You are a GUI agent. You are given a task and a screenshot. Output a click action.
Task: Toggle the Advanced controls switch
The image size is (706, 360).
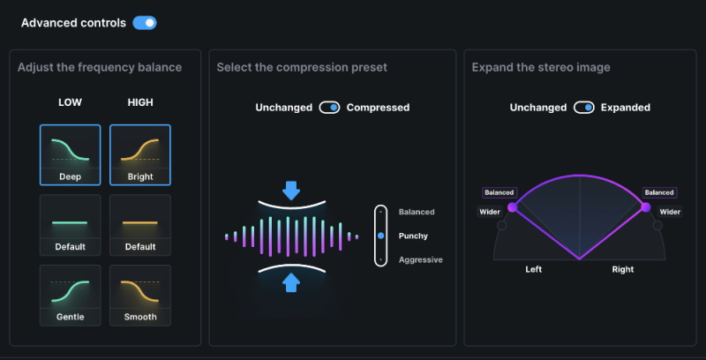[x=145, y=23]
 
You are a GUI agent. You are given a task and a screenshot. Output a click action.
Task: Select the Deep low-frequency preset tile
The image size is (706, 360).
[x=70, y=154]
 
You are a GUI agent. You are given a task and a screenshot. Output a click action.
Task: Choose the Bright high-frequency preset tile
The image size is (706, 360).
[x=140, y=154]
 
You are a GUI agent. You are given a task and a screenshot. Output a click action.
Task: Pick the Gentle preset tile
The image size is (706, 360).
[x=70, y=295]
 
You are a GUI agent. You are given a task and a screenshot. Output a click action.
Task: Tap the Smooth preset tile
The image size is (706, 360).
[x=140, y=295]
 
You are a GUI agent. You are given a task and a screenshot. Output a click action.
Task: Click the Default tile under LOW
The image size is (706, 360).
[x=70, y=225]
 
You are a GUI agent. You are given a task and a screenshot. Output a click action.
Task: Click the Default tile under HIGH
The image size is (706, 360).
[x=140, y=225]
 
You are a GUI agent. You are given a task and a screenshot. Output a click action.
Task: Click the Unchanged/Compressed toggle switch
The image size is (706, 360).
[x=329, y=108]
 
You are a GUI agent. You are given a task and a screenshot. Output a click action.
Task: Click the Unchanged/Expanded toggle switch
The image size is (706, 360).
[x=583, y=108]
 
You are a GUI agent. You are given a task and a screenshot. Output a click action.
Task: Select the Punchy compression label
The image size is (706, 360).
[x=413, y=236]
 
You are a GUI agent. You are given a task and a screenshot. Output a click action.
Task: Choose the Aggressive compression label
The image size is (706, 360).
[x=420, y=260]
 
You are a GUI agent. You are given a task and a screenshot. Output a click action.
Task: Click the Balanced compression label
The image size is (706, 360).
[x=417, y=213]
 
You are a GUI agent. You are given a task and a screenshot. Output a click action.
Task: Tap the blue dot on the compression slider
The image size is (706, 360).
[x=380, y=236]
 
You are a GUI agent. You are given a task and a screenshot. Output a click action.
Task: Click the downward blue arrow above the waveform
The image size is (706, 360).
[x=292, y=190]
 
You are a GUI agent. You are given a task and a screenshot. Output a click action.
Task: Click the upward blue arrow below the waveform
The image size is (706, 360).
[x=292, y=282]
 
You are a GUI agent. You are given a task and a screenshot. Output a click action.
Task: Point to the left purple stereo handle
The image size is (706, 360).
[x=513, y=207]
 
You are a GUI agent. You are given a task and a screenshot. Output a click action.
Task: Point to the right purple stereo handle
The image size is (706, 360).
[x=645, y=207]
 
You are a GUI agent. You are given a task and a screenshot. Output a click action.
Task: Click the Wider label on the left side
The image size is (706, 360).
[x=490, y=212]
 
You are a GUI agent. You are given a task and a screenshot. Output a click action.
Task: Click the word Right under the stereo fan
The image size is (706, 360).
[x=623, y=269]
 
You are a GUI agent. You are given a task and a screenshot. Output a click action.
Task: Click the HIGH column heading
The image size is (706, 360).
[x=140, y=102]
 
